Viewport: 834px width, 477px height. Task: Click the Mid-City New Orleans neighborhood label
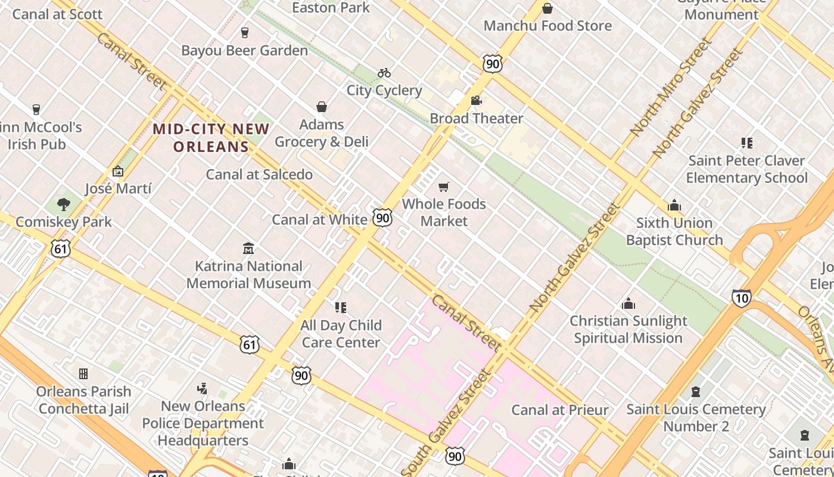[211, 137]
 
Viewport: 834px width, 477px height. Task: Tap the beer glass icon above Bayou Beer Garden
[244, 32]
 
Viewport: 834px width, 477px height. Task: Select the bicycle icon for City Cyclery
[384, 73]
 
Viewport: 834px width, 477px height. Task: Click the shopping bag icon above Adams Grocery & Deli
[322, 107]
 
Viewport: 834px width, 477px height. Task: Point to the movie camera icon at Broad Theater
[476, 100]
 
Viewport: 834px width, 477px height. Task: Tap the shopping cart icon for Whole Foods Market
[443, 187]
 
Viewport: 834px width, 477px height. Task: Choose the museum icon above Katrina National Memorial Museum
[248, 248]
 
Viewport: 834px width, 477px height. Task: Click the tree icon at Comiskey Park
[63, 205]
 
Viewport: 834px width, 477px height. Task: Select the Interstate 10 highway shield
[741, 298]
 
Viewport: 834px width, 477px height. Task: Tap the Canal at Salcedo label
[259, 175]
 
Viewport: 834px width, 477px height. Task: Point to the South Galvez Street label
[446, 423]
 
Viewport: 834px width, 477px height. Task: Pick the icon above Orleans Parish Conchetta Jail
[83, 374]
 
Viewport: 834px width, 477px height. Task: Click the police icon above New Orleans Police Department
[203, 389]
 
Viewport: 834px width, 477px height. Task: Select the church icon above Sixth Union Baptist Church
[674, 206]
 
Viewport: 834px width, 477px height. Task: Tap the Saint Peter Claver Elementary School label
[746, 169]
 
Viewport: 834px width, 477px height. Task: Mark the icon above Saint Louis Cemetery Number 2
[695, 392]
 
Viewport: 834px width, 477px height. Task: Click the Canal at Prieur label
[560, 410]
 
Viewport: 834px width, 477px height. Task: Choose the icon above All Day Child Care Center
[341, 308]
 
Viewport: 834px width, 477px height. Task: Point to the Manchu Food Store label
[547, 26]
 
